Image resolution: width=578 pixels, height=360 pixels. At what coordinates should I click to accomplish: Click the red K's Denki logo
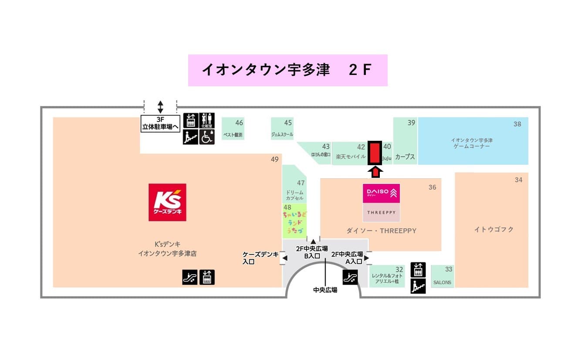[167, 202]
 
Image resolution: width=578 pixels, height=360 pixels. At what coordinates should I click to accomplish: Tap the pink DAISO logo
[381, 194]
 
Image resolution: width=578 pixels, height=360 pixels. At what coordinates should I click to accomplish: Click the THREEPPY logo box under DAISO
[381, 213]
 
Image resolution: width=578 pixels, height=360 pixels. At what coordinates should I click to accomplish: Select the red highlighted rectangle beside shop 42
[375, 153]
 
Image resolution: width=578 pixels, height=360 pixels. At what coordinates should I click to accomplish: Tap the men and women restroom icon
[207, 120]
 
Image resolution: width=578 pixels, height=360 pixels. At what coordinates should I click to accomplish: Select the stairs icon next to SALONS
[418, 286]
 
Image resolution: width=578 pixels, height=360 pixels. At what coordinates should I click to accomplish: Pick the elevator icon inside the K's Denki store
[207, 277]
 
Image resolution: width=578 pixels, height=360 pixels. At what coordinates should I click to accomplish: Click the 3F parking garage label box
[160, 123]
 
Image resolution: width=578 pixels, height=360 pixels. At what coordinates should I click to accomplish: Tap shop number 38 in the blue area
[517, 124]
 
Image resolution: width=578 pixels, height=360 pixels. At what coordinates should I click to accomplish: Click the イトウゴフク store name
[494, 229]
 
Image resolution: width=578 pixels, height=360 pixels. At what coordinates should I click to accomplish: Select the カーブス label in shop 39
[405, 157]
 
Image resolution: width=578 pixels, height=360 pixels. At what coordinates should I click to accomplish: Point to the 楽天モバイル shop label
[351, 156]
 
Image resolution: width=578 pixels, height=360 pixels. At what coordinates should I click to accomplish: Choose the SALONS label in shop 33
[442, 283]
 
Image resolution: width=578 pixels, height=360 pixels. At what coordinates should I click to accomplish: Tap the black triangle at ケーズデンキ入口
[285, 258]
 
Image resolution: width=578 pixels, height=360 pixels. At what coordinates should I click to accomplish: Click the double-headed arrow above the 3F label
[160, 107]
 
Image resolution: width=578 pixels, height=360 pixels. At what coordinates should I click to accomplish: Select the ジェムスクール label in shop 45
[282, 135]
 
